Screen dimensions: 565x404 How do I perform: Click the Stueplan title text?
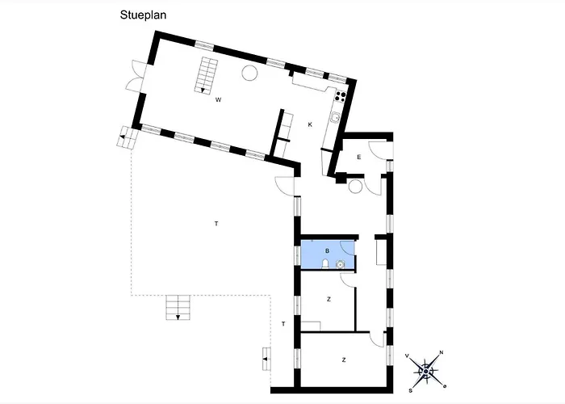click(x=143, y=15)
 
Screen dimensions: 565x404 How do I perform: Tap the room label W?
click(x=218, y=100)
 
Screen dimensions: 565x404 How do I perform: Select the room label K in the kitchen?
click(x=310, y=124)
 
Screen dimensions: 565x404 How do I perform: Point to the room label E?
click(x=359, y=157)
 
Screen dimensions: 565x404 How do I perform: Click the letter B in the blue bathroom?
click(x=327, y=250)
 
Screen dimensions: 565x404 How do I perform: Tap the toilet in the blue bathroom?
click(x=325, y=264)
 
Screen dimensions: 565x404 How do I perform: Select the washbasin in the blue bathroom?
click(x=340, y=265)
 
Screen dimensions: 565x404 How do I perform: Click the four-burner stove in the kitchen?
click(x=341, y=95)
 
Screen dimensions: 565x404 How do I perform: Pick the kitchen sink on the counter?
click(x=336, y=118)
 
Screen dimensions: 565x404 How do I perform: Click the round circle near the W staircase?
click(x=249, y=74)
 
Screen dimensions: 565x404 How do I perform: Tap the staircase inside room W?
click(x=207, y=75)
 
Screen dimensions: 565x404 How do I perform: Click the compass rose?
click(x=425, y=371)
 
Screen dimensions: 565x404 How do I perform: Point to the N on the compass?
click(x=441, y=352)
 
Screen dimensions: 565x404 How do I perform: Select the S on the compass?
click(x=410, y=390)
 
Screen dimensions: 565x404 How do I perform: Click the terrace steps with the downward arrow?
click(x=178, y=307)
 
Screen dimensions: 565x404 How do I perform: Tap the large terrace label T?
click(x=216, y=224)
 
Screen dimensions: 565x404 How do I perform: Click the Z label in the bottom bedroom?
click(x=344, y=360)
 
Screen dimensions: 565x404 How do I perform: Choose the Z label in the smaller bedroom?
click(x=329, y=299)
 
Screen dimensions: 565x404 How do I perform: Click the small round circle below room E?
click(x=355, y=187)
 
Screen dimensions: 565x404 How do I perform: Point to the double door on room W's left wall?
click(x=136, y=76)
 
